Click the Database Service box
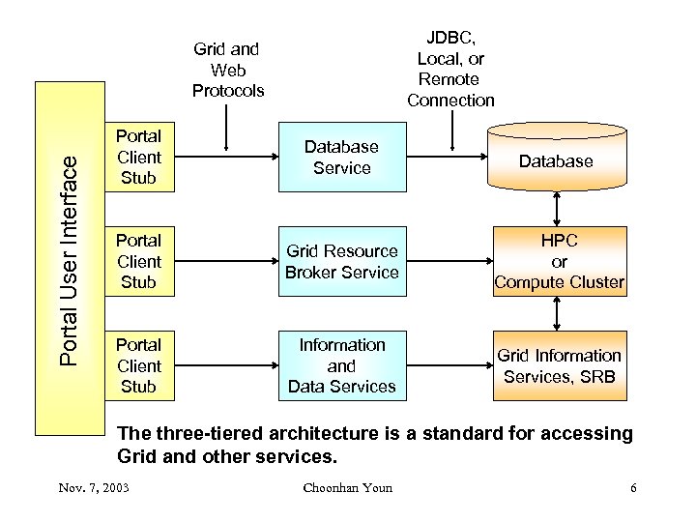(342, 157)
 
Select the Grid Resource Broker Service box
(342, 261)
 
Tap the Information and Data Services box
(342, 365)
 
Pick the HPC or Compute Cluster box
(559, 261)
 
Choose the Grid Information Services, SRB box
(559, 365)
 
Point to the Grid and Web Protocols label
(227, 70)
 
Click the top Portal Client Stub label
(138, 157)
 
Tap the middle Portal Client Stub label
(138, 261)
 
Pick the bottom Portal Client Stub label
(138, 365)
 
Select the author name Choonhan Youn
(347, 487)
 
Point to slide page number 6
(633, 487)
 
